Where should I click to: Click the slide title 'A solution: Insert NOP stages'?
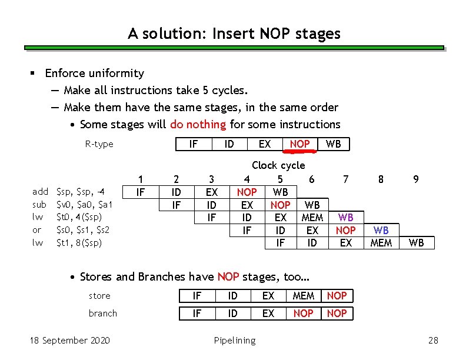234,34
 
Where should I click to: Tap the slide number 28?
433,341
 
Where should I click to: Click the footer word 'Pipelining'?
234,341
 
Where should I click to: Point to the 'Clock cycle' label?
278,165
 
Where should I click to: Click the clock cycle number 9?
416,179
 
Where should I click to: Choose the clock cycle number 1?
140,179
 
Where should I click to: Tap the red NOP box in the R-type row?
299,144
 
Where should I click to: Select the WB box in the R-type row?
333,144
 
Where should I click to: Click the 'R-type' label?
99,144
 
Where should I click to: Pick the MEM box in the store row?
303,296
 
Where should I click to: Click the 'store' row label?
99,296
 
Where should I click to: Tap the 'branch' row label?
103,314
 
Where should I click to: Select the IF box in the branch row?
197,314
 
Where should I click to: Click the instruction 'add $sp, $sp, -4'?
68,192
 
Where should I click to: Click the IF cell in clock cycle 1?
140,192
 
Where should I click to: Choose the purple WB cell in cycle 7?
346,218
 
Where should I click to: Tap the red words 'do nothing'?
198,124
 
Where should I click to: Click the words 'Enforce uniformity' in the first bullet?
94,74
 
